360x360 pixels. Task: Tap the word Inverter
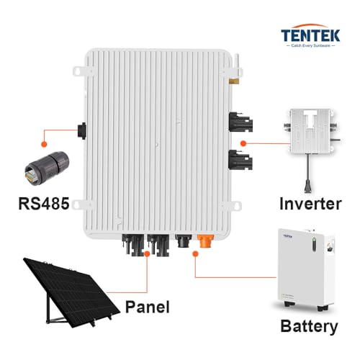311,204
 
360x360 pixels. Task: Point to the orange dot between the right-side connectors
243,143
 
